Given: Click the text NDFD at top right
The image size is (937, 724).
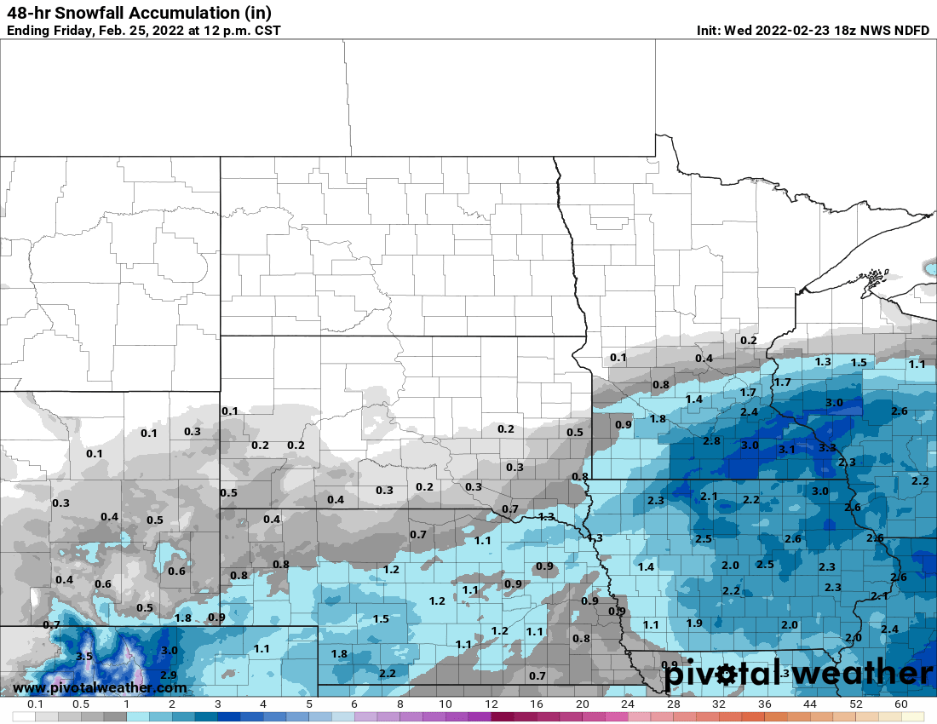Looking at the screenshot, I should [x=911, y=31].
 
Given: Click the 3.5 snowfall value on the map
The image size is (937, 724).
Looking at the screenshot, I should [x=83, y=657].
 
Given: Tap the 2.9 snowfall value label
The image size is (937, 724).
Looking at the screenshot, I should [x=169, y=675].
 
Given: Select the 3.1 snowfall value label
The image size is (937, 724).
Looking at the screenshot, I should [x=787, y=449].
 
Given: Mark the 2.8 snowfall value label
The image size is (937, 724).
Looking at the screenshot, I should [x=712, y=440].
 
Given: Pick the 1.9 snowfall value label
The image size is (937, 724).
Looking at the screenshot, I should [x=694, y=623].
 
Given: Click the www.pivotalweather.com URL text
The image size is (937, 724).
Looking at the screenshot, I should [x=100, y=687].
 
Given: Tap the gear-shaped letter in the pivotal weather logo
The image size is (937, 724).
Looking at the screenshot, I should [x=725, y=675].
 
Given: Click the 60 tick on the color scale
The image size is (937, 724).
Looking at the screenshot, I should [x=901, y=704].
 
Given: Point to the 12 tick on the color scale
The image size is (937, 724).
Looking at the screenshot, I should [x=491, y=704].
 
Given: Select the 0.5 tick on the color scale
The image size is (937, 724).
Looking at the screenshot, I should [x=81, y=704].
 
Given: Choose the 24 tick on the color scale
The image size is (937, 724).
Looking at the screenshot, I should [x=628, y=704].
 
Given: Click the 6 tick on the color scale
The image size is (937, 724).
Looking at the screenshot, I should [x=354, y=704].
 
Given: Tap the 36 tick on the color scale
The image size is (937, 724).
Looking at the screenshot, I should [x=765, y=704].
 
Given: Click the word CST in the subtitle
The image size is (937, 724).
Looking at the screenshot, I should [x=267, y=31].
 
